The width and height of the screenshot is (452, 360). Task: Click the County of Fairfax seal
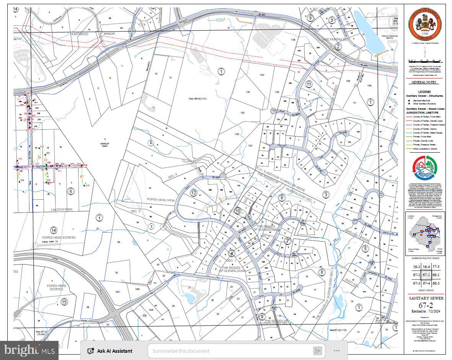425,24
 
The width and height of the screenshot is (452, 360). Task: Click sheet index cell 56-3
416,267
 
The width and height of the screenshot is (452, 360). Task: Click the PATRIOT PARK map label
105,144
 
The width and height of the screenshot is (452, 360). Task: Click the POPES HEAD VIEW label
160,200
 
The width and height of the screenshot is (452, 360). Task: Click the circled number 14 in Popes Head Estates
54,230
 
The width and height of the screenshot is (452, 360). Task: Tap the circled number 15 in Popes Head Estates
64,302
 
